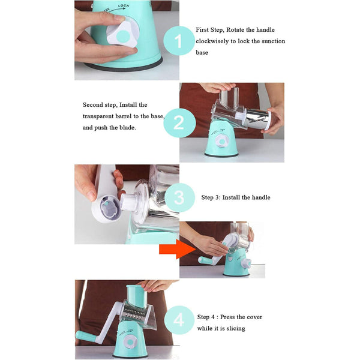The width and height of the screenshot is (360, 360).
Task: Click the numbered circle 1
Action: click(178, 42)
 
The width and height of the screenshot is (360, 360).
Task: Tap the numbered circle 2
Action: click(178, 123)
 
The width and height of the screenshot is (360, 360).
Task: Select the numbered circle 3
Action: click(178, 197)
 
